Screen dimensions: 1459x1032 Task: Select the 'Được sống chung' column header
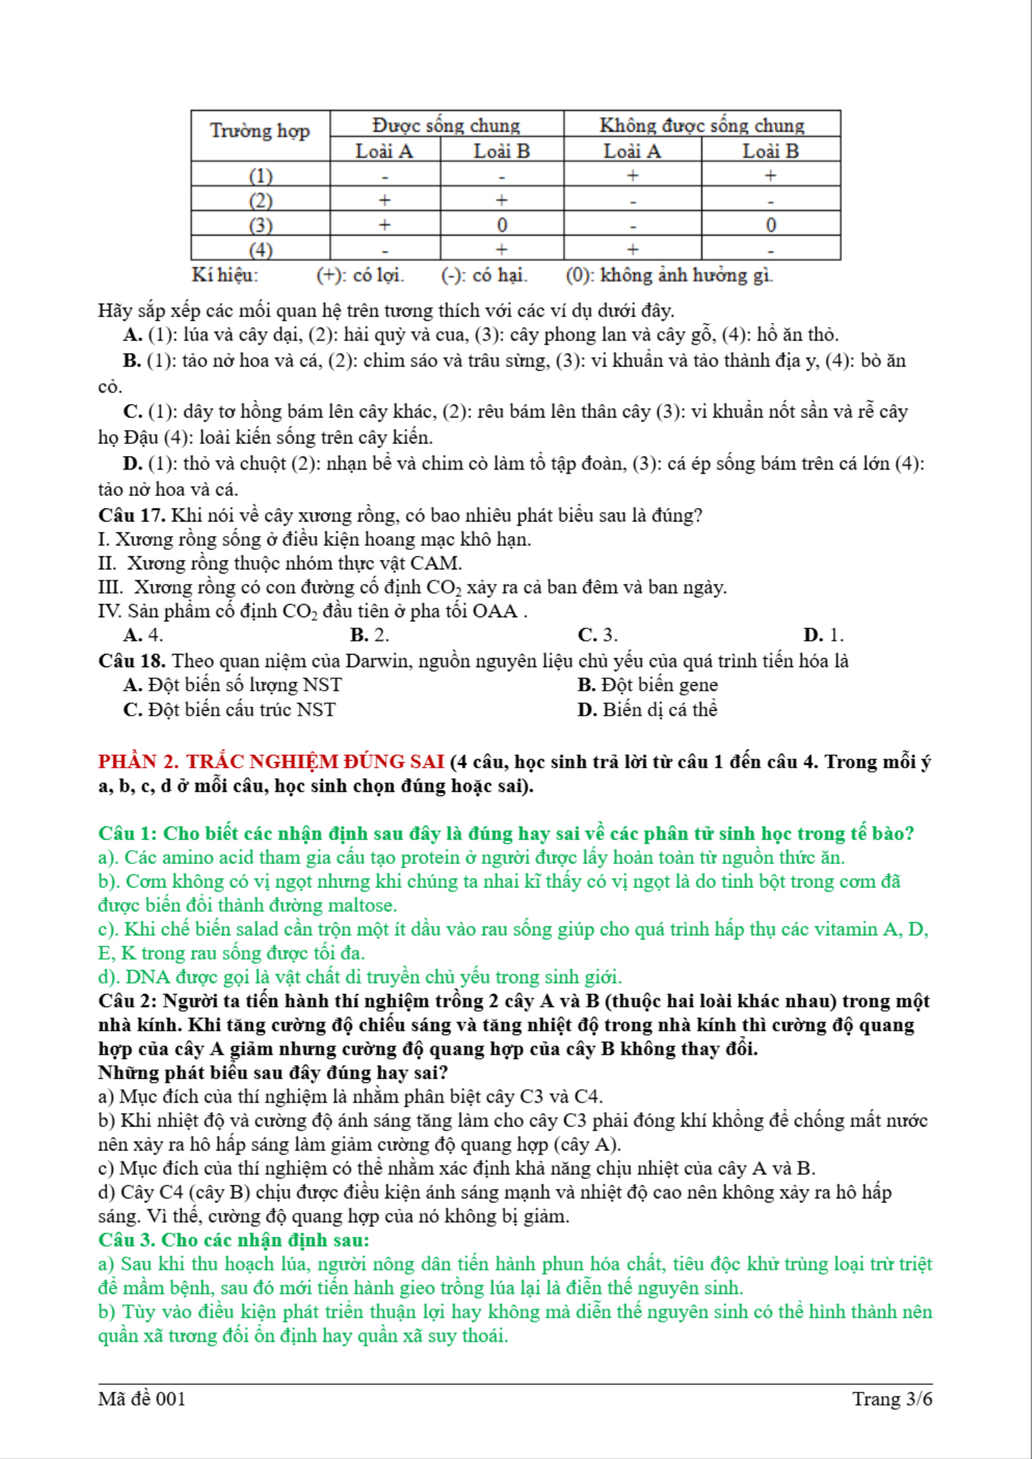coord(446,125)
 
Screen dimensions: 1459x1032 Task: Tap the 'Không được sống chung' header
coord(702,125)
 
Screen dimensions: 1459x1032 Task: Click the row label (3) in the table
coord(260,225)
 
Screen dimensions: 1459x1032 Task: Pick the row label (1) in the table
coord(260,175)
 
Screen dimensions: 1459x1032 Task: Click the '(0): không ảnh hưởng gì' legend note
coord(668,276)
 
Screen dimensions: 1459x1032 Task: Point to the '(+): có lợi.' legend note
coord(360,276)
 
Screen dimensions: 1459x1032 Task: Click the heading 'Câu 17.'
coord(132,515)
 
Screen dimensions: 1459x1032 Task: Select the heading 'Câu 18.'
coord(132,661)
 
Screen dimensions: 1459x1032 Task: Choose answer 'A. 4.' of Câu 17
coord(143,635)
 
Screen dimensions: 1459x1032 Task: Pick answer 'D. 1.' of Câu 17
coord(823,635)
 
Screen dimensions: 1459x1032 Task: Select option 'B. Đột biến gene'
coord(648,685)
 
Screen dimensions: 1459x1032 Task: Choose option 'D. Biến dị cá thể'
coord(648,710)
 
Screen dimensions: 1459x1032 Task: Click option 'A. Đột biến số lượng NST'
coord(233,685)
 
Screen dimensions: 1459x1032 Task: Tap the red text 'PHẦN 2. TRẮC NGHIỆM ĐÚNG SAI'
coord(271,762)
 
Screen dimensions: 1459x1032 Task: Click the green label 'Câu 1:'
coord(127,833)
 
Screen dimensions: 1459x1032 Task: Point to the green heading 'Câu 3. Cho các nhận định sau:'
coord(233,1240)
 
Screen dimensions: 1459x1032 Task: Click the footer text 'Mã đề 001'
coord(142,1399)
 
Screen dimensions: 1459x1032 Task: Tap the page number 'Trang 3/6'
coord(892,1399)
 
